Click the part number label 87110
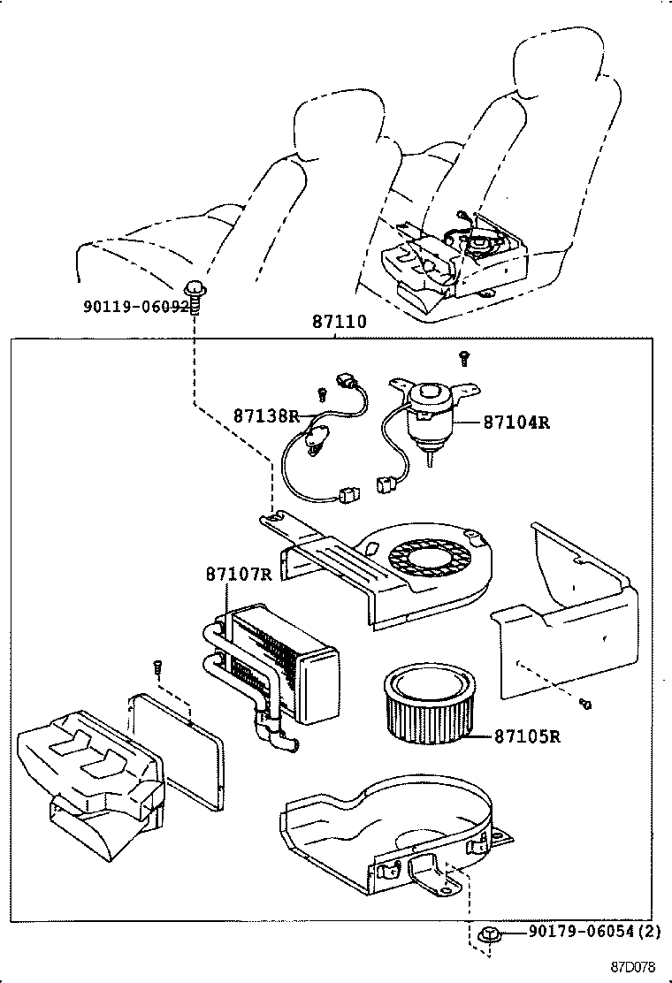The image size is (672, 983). pos(339,323)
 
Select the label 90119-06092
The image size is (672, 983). pos(135,307)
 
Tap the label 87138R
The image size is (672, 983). pos(266,415)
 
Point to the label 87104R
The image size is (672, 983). pos(516,423)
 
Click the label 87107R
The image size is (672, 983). pos(239,575)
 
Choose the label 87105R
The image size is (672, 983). pos(527,735)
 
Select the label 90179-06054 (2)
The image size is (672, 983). pos(594,932)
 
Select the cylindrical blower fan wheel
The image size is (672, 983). pos(425,703)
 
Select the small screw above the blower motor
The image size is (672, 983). pos(462,357)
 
